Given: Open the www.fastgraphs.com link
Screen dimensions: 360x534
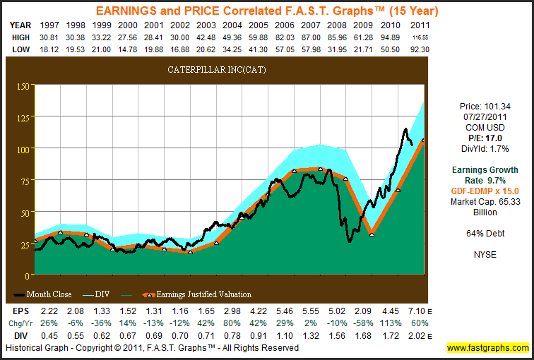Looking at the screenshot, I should pos(487,348).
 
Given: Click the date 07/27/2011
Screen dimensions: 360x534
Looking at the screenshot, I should pos(484,117).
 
